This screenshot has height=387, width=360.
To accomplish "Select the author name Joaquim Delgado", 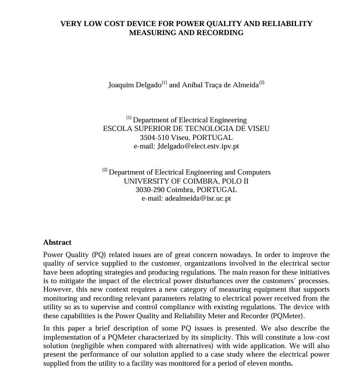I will point(135,85).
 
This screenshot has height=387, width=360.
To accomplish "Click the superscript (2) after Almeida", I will point(261,83).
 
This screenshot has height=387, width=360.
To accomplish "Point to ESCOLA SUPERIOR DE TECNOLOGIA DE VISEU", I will point(186,129).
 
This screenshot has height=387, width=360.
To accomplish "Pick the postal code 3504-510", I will point(154,138).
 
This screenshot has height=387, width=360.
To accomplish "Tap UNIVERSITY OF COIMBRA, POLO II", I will point(186,181).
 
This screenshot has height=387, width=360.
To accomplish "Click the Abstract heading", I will point(57,242).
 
